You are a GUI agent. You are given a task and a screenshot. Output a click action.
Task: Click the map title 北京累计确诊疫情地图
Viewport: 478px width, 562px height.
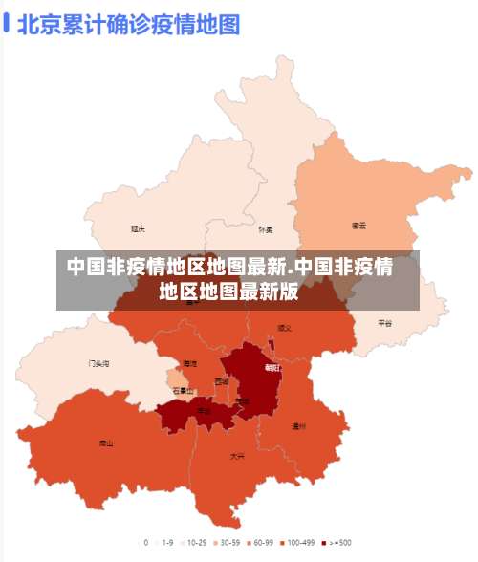point(127,24)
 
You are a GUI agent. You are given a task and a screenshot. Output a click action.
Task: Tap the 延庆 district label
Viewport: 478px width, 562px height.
point(139,228)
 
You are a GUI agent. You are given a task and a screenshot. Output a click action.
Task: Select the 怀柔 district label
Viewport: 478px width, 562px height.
point(266,229)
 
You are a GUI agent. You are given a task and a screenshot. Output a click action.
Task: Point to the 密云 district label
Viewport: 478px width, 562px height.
point(359,227)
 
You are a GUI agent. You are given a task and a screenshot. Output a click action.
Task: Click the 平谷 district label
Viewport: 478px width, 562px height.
point(384,323)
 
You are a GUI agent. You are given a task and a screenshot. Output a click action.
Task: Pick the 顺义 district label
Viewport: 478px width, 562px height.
point(285,328)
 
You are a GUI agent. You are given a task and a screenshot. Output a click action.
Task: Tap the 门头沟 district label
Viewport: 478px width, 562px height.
point(98,364)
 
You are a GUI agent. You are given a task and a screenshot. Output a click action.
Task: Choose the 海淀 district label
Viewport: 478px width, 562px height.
point(189,364)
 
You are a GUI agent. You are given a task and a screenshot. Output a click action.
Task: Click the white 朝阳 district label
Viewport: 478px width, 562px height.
point(272,367)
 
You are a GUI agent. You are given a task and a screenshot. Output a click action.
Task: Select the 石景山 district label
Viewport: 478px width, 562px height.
point(183,391)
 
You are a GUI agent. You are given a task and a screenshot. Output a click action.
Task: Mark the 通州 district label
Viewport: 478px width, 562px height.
point(298,426)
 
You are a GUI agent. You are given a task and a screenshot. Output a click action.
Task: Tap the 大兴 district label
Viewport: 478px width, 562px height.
point(237,457)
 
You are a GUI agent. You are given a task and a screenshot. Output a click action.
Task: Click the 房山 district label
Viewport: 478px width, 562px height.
point(106,443)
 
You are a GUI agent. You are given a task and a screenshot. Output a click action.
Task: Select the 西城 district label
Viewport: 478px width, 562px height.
point(222,381)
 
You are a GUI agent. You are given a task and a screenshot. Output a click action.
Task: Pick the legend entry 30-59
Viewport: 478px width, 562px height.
point(226,543)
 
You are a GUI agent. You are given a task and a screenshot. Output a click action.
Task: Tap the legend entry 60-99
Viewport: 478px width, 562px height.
point(261,543)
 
